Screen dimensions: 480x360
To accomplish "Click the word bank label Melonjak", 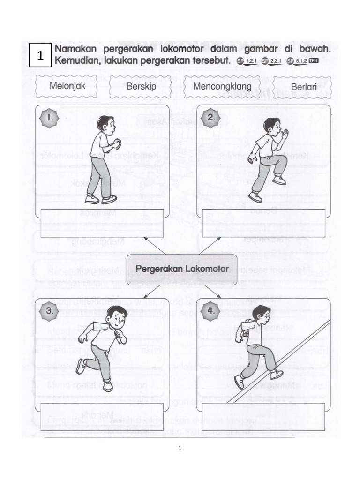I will (x=67, y=86).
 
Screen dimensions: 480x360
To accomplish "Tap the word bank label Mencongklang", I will (x=222, y=87).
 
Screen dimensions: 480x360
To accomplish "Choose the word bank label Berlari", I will (x=301, y=87).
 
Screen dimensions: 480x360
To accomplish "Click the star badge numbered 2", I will (x=211, y=119).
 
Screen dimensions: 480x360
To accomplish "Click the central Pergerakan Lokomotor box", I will (x=182, y=270).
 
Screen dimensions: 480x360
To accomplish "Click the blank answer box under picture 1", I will (x=102, y=223).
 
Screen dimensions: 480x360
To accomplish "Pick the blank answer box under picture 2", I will (x=263, y=223).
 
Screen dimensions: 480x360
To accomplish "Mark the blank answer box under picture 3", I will (x=102, y=417).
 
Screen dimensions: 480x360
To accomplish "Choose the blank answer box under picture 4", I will (x=263, y=417).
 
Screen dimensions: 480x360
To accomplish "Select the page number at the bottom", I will (x=180, y=449).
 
